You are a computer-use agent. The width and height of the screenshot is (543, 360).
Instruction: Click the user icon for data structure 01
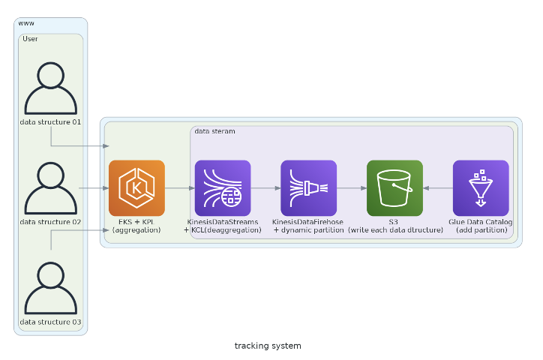tap(51, 88)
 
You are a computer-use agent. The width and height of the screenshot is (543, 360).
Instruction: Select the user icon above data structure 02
tap(51, 188)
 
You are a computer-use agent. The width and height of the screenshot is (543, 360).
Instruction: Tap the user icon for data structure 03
tap(51, 288)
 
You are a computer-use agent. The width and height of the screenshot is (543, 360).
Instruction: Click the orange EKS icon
tap(136, 188)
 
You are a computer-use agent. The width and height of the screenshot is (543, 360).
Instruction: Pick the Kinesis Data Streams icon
tap(223, 188)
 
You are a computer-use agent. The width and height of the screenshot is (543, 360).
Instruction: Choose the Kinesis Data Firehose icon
tap(309, 188)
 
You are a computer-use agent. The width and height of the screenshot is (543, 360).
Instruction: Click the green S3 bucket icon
tap(394, 188)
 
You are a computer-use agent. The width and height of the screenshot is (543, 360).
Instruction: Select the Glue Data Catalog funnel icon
tap(481, 188)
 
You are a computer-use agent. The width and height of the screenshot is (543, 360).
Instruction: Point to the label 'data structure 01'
tap(51, 121)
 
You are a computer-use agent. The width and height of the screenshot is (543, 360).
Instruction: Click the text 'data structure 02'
tap(51, 222)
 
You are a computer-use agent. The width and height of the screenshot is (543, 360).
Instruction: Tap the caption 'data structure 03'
tap(51, 322)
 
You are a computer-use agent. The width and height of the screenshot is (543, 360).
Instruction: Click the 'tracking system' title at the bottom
tap(268, 346)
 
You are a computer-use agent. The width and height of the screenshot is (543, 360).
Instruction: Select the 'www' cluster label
tap(26, 23)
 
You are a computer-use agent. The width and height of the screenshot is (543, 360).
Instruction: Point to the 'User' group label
tap(30, 39)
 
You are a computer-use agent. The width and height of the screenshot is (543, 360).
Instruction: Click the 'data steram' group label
tap(214, 131)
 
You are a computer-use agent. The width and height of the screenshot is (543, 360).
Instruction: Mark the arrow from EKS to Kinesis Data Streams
tap(179, 188)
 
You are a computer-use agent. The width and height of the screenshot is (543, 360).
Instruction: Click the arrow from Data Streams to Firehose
tap(265, 188)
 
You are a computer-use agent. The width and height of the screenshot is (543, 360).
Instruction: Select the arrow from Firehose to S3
tap(352, 188)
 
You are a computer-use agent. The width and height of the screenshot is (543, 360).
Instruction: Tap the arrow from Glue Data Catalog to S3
tap(438, 188)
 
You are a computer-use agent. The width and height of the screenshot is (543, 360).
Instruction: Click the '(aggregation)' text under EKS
tap(136, 230)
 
